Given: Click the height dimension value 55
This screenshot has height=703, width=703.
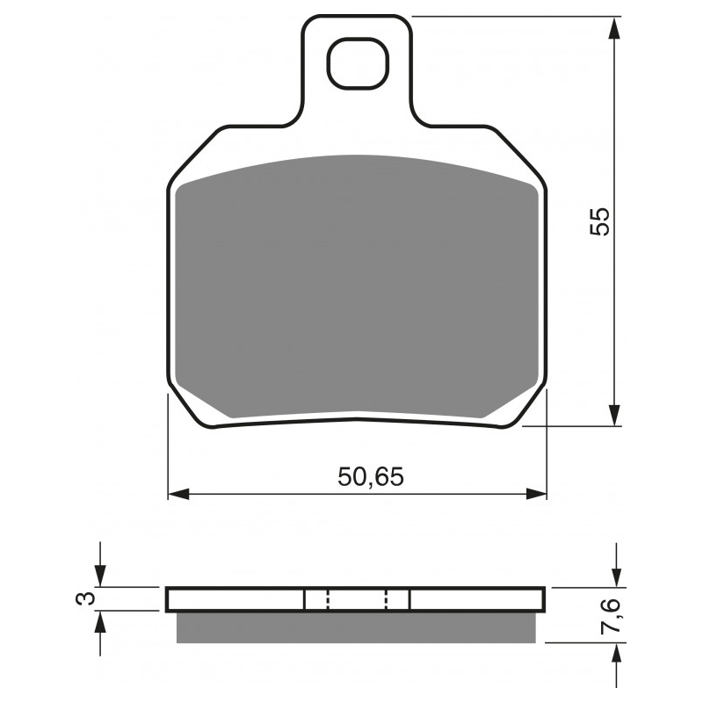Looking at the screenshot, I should [x=599, y=221].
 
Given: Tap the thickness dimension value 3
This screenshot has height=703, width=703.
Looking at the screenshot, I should [x=85, y=598].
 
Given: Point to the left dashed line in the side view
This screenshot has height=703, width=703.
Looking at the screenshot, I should [x=327, y=599].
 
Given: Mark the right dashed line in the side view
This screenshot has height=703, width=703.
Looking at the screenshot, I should [x=387, y=599].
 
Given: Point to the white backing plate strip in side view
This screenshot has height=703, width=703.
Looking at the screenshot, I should [x=237, y=599].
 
